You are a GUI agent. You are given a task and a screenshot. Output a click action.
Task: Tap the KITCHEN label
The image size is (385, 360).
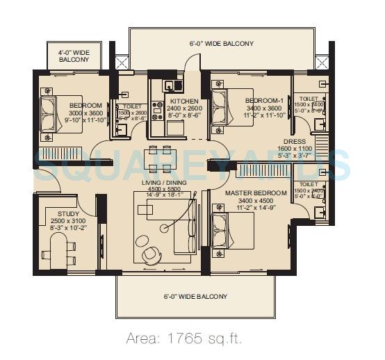pyautogui.click(x=184, y=101)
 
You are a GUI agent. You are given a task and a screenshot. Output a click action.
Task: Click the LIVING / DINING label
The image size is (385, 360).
pyautogui.click(x=165, y=182)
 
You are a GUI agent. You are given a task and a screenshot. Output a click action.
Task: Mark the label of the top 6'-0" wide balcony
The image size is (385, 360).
pyautogui.click(x=221, y=44)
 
